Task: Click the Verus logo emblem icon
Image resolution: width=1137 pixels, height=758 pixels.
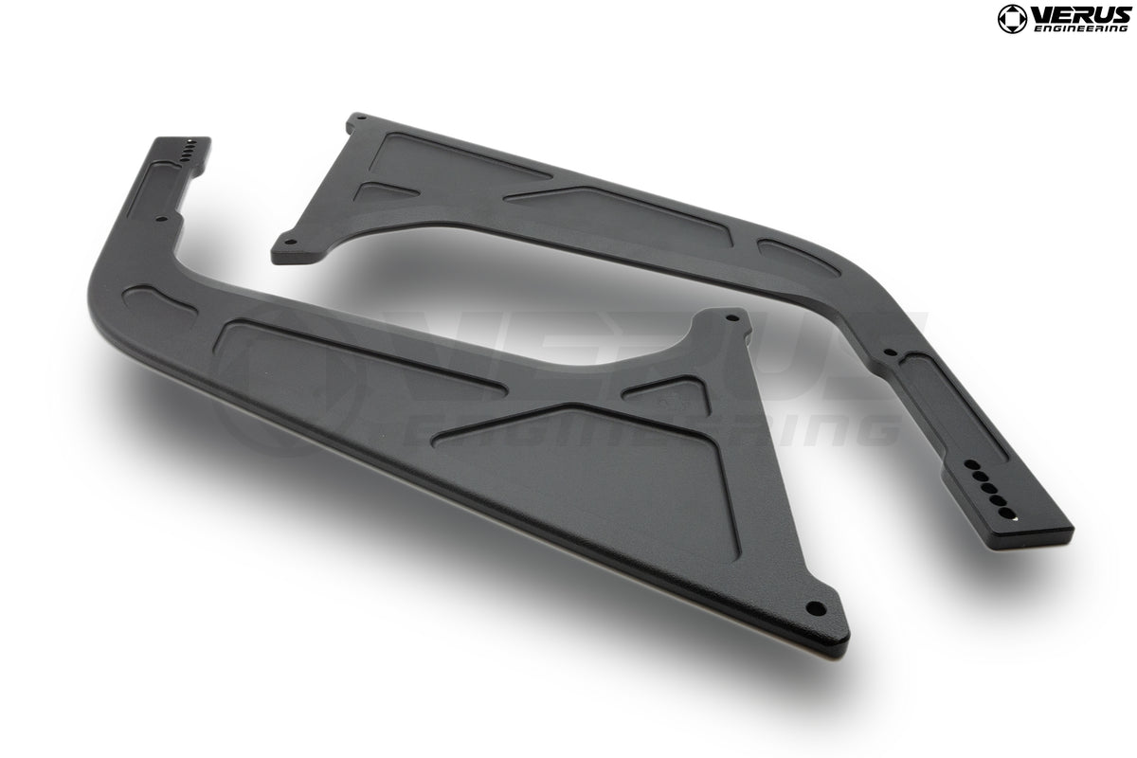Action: (1011, 18)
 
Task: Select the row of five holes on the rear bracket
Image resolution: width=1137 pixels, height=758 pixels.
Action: (987, 486)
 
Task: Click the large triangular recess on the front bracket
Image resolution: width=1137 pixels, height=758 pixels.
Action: (606, 464)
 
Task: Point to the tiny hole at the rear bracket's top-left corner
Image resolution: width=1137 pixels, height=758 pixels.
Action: (357, 120)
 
